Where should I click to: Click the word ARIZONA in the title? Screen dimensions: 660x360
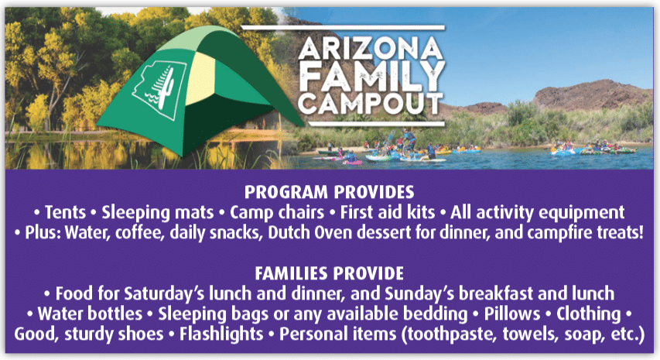371,49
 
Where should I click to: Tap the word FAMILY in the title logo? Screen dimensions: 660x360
372,77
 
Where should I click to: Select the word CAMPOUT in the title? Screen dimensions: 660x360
371,104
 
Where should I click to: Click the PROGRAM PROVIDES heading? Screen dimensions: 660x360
329,192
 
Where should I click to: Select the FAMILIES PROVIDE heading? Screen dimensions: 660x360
329,273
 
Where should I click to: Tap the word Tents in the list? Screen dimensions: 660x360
65,212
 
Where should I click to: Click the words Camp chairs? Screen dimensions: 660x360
277,213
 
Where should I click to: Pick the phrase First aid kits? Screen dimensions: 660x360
387,212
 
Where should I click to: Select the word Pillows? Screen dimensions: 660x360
512,314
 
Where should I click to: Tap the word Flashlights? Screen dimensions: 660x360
221,334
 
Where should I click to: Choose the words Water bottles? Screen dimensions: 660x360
90,314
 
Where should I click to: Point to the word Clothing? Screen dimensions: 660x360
589,314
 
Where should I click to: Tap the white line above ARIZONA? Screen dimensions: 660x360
343,28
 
